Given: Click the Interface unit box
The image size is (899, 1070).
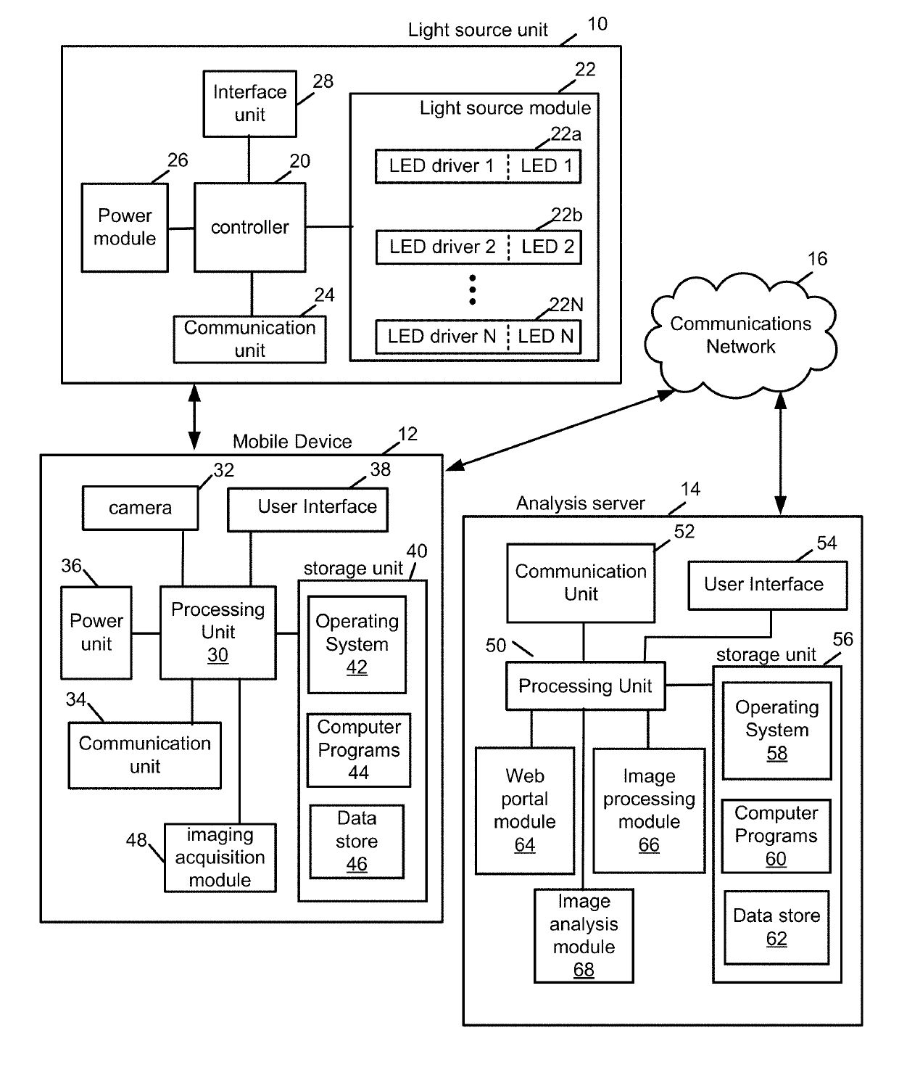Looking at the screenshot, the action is click(x=249, y=104).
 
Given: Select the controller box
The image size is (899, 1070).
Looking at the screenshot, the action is click(x=250, y=227).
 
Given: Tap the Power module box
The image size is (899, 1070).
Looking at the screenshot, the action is click(x=125, y=227).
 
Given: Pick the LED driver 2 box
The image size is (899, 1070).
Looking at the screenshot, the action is click(x=478, y=247).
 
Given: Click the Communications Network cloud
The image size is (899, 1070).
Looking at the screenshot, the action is click(x=741, y=336).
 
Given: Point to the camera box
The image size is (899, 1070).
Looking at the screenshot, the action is click(x=141, y=508).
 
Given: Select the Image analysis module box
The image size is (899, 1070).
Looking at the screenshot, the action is click(x=584, y=936).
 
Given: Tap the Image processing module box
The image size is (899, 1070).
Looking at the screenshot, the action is click(x=649, y=811).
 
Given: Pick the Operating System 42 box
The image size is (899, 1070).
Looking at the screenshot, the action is click(x=357, y=645).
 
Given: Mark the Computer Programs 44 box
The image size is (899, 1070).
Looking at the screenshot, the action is click(x=359, y=750).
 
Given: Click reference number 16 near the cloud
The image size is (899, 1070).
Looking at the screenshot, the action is click(x=818, y=259).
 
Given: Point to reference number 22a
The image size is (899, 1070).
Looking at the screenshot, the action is click(x=566, y=134).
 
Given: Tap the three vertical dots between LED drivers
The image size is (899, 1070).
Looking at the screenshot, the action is click(x=472, y=289).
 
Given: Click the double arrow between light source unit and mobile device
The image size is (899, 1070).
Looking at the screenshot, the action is click(x=194, y=417).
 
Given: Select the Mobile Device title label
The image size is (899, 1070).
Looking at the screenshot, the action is click(x=292, y=441).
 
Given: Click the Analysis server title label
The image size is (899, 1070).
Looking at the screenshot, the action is click(x=581, y=503).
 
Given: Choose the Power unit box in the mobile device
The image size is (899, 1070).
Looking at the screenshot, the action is click(x=96, y=633).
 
